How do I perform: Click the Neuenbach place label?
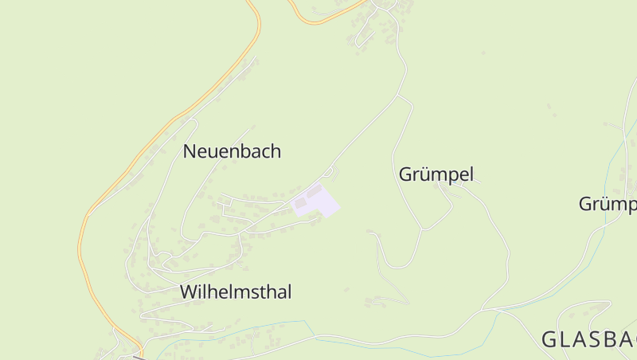tap(232, 151)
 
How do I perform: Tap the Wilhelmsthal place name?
tap(236, 292)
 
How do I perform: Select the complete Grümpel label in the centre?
tap(436, 174)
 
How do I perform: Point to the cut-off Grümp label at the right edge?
tap(608, 205)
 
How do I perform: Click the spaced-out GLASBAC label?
tap(588, 340)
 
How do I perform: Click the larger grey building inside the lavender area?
tap(315, 191)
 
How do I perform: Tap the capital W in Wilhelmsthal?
tap(189, 292)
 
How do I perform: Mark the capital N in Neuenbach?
tap(190, 151)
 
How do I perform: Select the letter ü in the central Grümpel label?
tap(420, 174)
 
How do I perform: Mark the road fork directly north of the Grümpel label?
tap(398, 96)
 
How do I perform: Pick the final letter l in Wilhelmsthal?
tap(289, 292)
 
